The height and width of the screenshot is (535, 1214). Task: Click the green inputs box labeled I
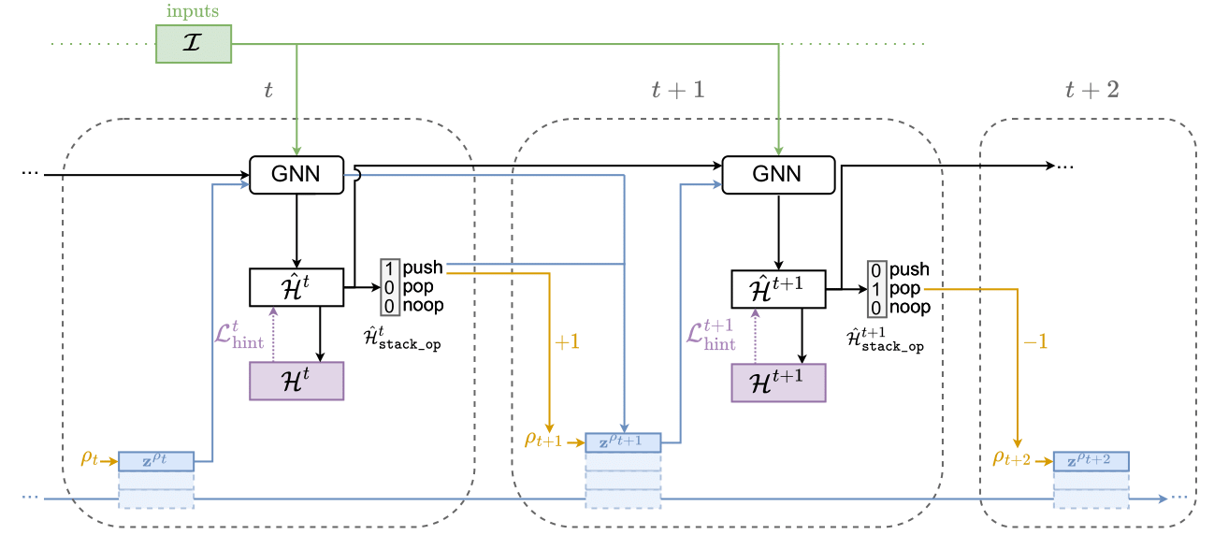[193, 44]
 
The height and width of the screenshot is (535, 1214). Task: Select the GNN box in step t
[296, 175]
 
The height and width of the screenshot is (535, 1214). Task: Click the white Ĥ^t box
[296, 287]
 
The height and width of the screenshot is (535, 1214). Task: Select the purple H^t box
[296, 381]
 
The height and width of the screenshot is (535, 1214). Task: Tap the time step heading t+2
[1091, 90]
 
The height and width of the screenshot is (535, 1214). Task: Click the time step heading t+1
[677, 90]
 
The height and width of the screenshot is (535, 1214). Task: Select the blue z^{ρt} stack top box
[156, 461]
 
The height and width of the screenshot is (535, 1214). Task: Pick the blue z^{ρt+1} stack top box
[623, 442]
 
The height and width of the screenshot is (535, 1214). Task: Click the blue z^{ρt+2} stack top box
[1091, 461]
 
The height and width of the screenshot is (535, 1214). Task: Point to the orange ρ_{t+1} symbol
[542, 439]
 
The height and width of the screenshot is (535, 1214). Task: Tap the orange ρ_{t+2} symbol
[1010, 458]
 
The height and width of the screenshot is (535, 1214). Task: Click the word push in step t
[423, 268]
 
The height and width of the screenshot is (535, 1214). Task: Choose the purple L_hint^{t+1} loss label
[710, 334]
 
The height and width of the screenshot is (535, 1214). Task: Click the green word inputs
[193, 11]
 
